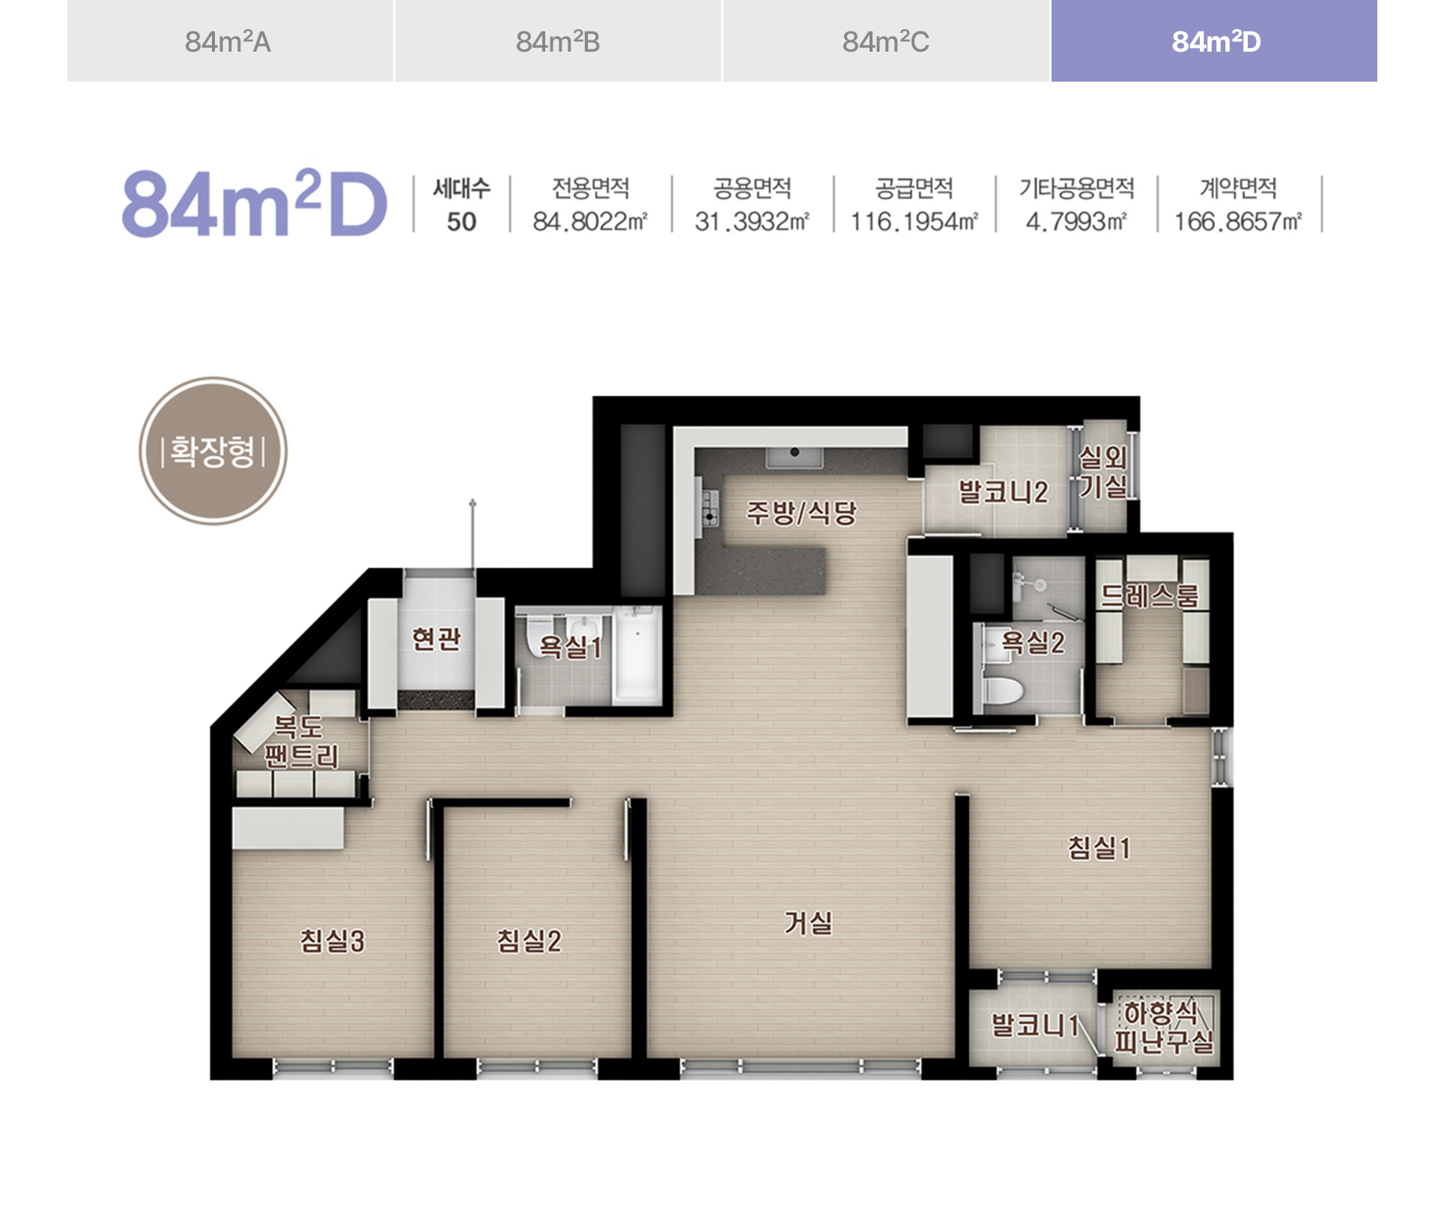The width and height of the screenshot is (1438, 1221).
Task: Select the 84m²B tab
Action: coord(558,40)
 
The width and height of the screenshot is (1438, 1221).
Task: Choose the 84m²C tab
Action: coord(886,40)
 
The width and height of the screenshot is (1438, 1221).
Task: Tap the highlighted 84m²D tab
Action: coord(1214,40)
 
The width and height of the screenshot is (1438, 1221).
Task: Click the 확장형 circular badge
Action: coord(213,451)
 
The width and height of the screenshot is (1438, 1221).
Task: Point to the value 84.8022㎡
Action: coord(590,222)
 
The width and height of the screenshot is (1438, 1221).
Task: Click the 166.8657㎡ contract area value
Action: coord(1238,222)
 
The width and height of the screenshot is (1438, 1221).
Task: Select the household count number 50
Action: coord(461,222)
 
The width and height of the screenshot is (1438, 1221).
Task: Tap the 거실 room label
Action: coord(808,923)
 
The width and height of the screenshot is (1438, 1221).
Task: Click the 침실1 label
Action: coord(1099,848)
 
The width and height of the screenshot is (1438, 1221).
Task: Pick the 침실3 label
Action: coord(332,940)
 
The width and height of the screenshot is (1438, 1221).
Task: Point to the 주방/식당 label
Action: coord(801,513)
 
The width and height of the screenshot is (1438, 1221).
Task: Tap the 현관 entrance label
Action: coord(436,639)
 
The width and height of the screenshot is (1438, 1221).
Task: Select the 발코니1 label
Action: coord(1034,1025)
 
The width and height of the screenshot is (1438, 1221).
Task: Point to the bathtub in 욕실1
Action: coord(637,656)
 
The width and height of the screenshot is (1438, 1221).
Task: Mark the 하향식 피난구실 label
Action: coord(1163,1027)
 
